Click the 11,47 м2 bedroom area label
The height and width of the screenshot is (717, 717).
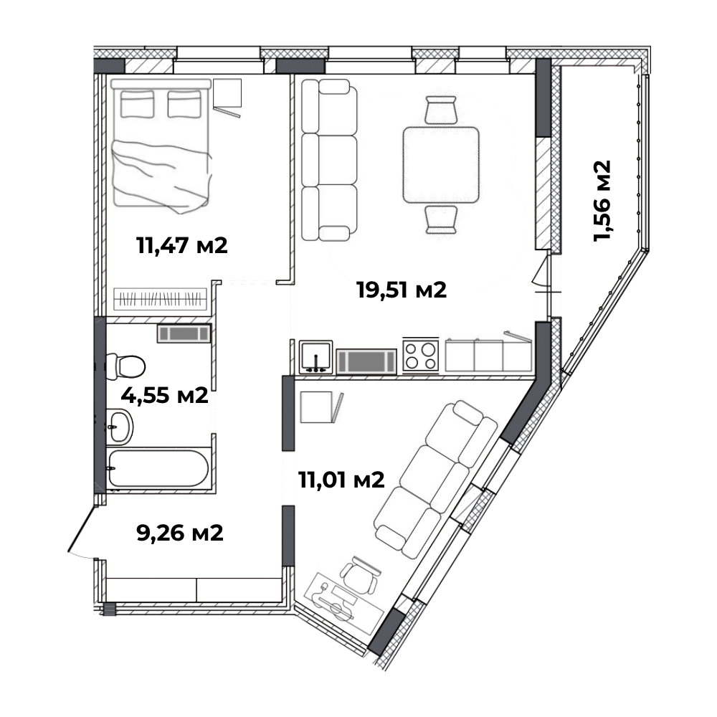click(x=182, y=246)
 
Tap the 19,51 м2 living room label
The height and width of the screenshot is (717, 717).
click(x=402, y=290)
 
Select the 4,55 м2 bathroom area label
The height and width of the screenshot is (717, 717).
click(x=165, y=395)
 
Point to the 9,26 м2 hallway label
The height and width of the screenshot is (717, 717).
click(x=180, y=533)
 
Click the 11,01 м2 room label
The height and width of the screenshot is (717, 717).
click(x=341, y=480)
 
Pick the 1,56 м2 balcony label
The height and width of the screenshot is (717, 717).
click(x=602, y=201)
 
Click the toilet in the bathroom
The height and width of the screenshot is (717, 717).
click(x=125, y=366)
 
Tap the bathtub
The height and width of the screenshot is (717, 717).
click(x=158, y=468)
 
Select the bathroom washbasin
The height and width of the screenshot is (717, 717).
click(x=120, y=427)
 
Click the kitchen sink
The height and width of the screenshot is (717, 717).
click(x=315, y=356)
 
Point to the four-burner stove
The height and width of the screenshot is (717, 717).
click(x=421, y=356)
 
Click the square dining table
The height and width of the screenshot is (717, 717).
click(x=441, y=165)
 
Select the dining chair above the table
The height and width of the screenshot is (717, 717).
click(x=441, y=110)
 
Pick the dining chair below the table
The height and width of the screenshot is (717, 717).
click(x=441, y=220)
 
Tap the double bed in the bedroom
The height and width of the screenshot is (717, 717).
click(x=161, y=146)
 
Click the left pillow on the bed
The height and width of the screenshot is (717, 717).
click(x=137, y=104)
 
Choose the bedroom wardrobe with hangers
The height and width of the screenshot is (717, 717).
click(x=160, y=299)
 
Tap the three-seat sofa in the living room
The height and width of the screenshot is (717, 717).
click(x=329, y=160)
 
